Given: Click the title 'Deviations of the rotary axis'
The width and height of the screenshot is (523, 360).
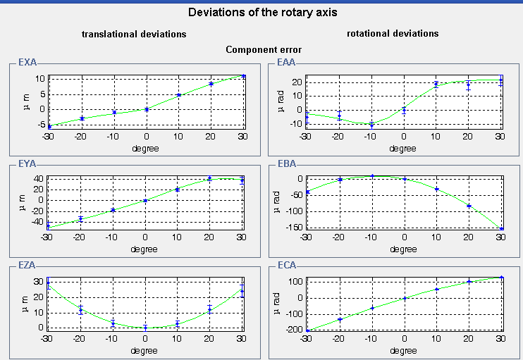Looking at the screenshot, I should pos(262,13).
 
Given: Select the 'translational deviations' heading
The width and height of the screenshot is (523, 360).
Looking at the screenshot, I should pos(134,34).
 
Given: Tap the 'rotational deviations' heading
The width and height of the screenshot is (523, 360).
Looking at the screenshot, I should pos(393,33).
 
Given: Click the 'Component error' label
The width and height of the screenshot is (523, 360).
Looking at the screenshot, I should pos(261,50).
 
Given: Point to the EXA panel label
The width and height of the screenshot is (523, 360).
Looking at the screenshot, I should pos(27,63).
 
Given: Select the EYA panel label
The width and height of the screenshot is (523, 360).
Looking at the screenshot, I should pos(27,164).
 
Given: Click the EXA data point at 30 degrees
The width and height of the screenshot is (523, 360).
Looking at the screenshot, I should pos(243,76).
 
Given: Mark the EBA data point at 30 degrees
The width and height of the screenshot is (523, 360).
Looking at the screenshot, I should pos(501,228).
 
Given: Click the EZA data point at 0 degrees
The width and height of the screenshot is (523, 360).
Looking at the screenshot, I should pos(145,328).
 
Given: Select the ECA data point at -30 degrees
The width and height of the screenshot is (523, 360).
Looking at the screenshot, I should pos(307,330).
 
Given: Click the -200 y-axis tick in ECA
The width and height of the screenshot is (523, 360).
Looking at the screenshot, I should pos(294,330).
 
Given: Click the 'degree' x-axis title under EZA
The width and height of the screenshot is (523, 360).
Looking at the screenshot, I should pos(145,350).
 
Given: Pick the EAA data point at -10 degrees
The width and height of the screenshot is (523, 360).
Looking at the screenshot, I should pos(371,124).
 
